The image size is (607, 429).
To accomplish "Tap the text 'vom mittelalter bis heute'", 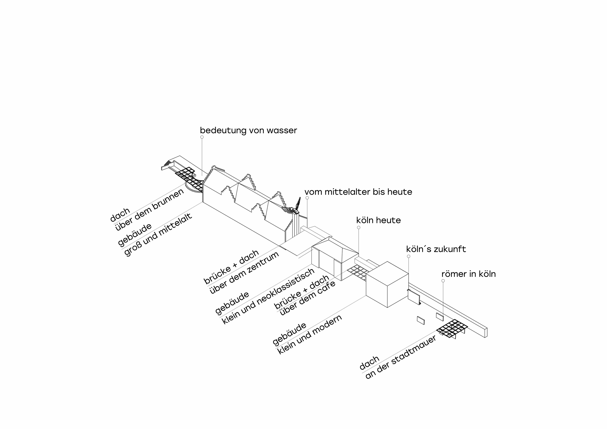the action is (x=358, y=192).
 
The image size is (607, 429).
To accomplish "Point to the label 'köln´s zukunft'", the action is (x=436, y=249).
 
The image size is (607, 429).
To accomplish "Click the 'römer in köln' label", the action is (x=469, y=274).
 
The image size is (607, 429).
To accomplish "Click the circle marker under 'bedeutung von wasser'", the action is (x=202, y=137).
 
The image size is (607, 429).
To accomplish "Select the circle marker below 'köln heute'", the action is (x=359, y=228).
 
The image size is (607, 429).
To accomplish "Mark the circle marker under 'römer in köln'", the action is (x=443, y=281).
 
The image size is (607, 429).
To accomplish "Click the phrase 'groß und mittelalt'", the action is (x=158, y=235).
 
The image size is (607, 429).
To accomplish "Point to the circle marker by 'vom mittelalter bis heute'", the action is (x=307, y=198).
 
